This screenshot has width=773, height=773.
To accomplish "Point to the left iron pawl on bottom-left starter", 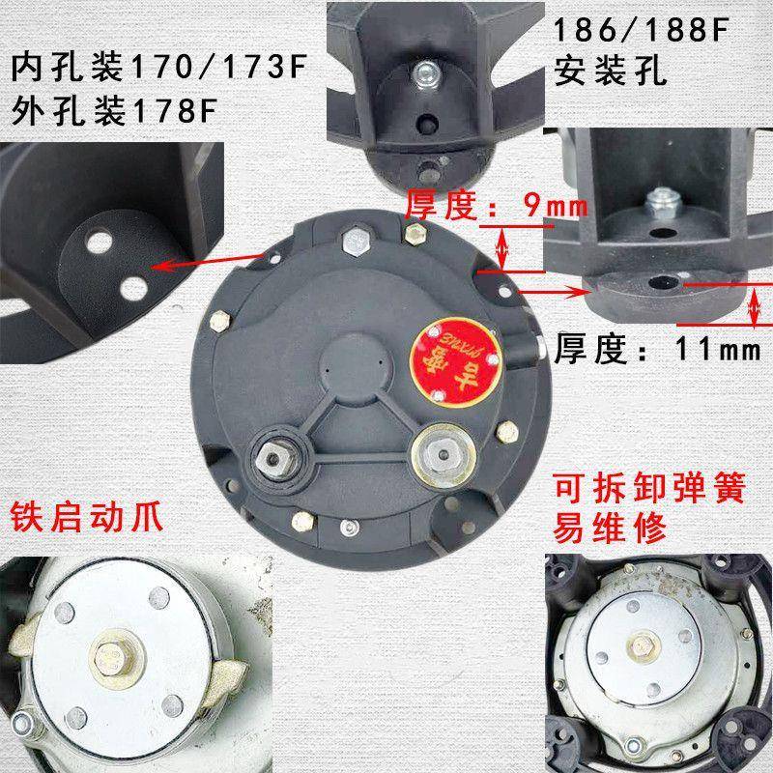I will (27, 646).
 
